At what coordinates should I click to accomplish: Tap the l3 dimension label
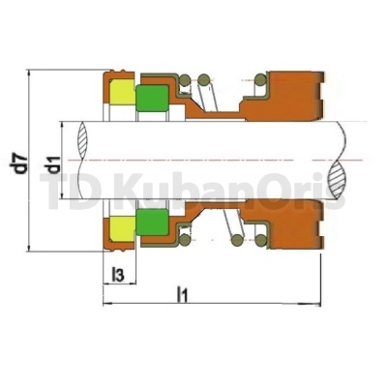pyautogui.click(x=118, y=276)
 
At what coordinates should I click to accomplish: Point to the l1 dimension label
pyautogui.click(x=182, y=291)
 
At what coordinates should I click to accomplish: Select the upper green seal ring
pyautogui.click(x=151, y=100)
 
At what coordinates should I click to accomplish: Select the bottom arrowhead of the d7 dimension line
pyautogui.click(x=32, y=249)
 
